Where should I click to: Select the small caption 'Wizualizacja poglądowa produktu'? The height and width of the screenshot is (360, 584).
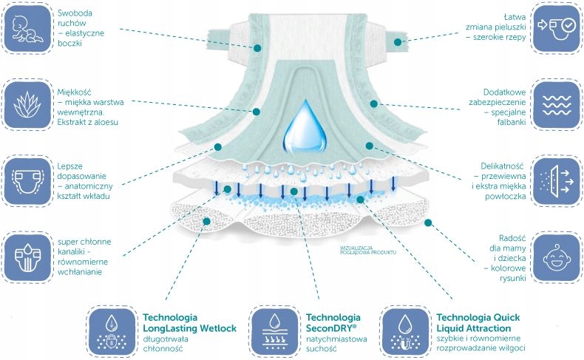click(368, 250)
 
